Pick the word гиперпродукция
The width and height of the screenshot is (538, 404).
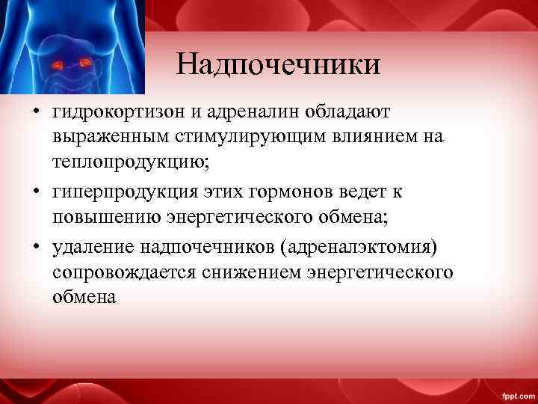coord(124,192)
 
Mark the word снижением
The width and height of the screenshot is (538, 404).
coord(251,271)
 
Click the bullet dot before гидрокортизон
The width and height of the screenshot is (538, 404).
coord(35,113)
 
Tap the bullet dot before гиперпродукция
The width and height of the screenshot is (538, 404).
coord(35,192)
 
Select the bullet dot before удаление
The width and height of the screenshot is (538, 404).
coord(35,246)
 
